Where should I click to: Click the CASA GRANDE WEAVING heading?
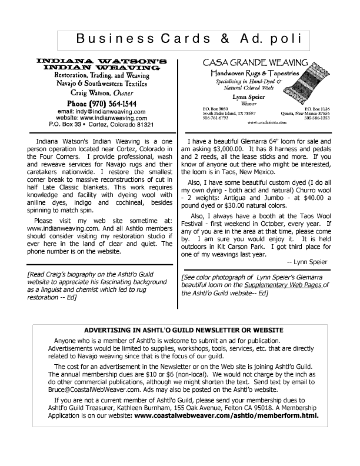[x=256, y=62]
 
